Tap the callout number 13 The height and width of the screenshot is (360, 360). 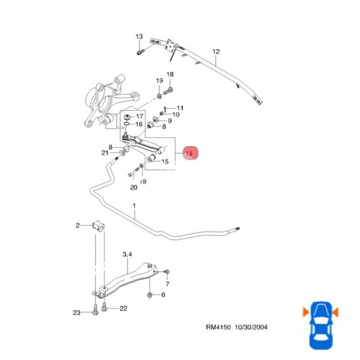point(139,37)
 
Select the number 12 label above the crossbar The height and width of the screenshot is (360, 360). point(216,52)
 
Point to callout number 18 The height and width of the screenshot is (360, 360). point(170,75)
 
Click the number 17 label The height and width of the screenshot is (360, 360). point(140,116)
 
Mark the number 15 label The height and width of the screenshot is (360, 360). point(164,162)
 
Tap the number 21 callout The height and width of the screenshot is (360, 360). point(105,153)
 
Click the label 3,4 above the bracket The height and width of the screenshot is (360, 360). point(127,254)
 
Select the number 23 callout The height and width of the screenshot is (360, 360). point(76,313)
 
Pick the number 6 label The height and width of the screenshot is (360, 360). point(163,295)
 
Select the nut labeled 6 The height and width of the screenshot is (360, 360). point(150,295)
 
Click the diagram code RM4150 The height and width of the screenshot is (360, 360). point(214,328)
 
